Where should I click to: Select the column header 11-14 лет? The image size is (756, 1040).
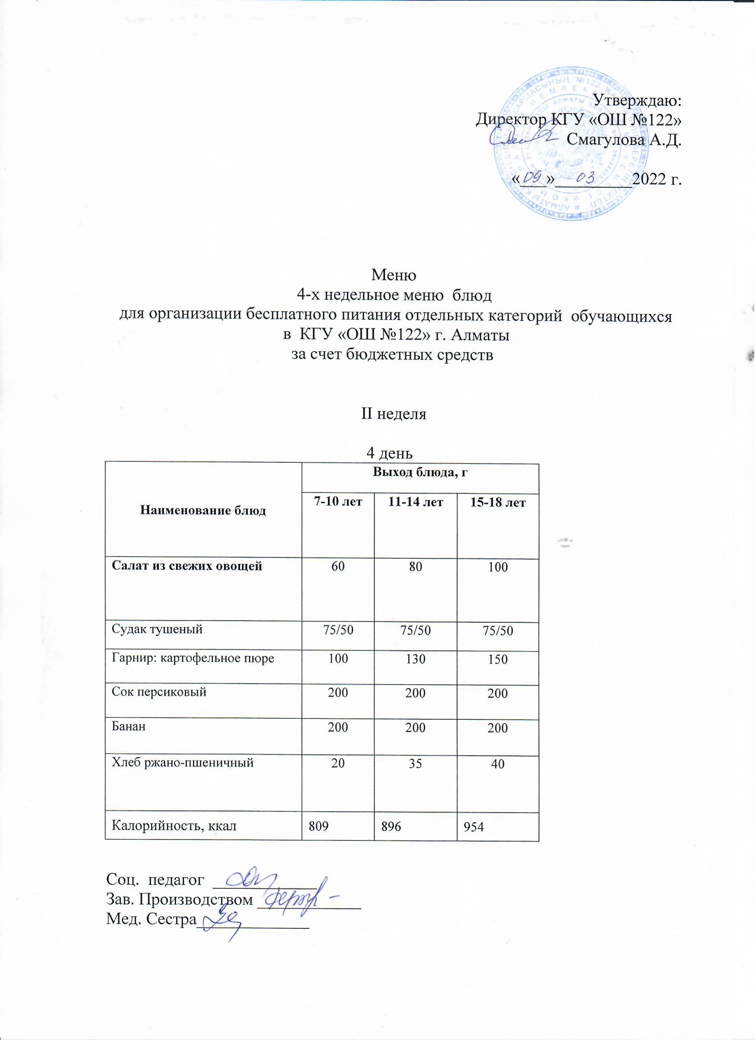point(415,502)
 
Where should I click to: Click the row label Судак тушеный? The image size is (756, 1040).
point(157,629)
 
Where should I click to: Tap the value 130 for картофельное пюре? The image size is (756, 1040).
point(415,659)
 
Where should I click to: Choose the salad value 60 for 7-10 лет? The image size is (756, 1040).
point(338,567)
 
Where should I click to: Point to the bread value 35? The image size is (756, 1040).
point(415,764)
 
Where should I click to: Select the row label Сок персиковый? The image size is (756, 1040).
point(159,692)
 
